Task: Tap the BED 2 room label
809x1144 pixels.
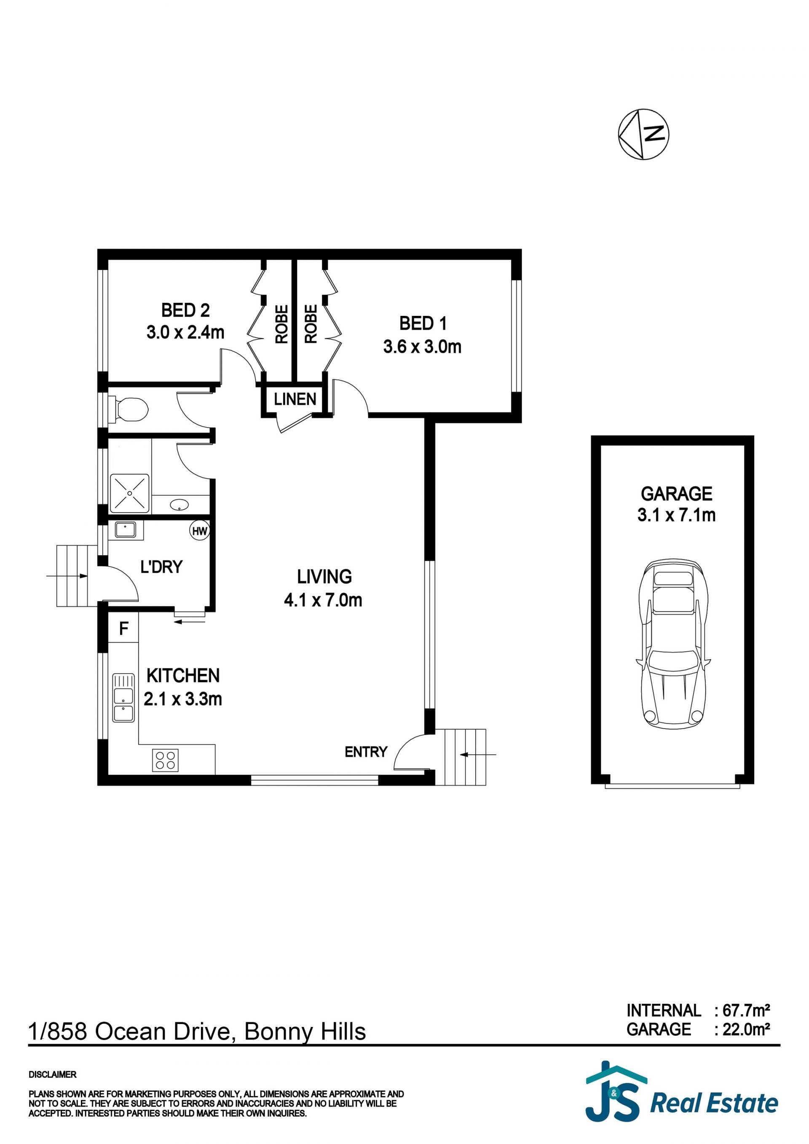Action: click(185, 310)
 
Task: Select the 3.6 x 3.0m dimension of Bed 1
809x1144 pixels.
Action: click(422, 346)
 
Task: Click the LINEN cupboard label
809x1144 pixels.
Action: click(295, 399)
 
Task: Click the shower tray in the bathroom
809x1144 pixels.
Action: click(130, 493)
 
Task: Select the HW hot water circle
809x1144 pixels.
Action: click(200, 531)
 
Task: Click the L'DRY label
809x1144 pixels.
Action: click(161, 567)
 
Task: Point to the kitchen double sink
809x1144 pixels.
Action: click(123, 698)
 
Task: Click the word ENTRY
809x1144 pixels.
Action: click(366, 752)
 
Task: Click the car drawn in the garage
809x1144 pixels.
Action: click(672, 644)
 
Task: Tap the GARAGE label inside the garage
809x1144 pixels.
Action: click(676, 494)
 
